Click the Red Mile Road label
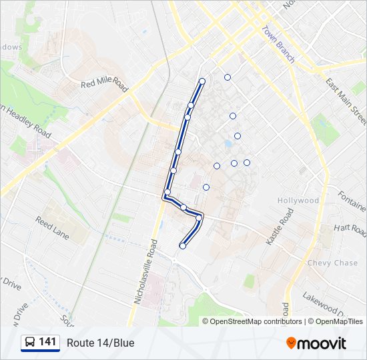pos(104,83)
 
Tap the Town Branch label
pos(278,45)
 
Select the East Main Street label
pos(346,101)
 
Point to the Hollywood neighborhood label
pos(299,201)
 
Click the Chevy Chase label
pos(332,263)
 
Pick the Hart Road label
pos(350,229)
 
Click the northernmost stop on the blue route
pos(202,81)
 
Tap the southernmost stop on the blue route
pos(182,246)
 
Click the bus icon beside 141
pos(30,343)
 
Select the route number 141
pos(47,342)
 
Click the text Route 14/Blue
pos(100,343)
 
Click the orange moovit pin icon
pos(292,343)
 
